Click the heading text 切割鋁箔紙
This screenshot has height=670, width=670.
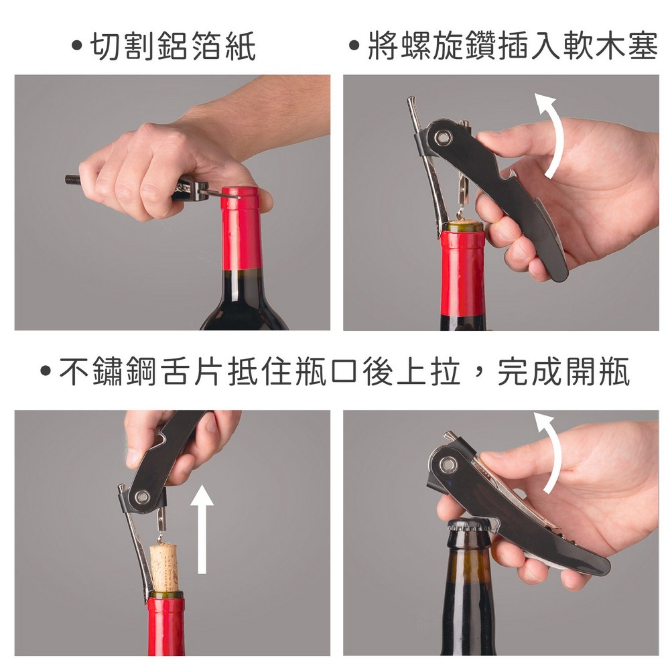click(173, 46)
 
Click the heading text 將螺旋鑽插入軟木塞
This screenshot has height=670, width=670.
click(513, 46)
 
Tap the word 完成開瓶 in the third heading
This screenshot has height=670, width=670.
click(563, 371)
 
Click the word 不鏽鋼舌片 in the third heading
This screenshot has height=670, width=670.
click(140, 371)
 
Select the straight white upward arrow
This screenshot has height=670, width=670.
click(202, 529)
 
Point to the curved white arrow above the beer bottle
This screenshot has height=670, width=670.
click(550, 453)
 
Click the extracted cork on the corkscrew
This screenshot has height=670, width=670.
click(163, 566)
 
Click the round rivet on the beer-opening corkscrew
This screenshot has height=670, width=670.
click(448, 464)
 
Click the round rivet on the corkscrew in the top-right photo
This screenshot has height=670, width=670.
click(443, 137)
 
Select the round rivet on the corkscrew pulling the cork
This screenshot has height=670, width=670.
click(142, 496)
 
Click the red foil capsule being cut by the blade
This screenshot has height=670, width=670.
click(241, 228)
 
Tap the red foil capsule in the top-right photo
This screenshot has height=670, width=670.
click(463, 273)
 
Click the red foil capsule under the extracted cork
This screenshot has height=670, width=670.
click(166, 624)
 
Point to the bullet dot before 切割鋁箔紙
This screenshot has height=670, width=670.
click(77, 46)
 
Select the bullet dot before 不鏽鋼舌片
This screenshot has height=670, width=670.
click(46, 371)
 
